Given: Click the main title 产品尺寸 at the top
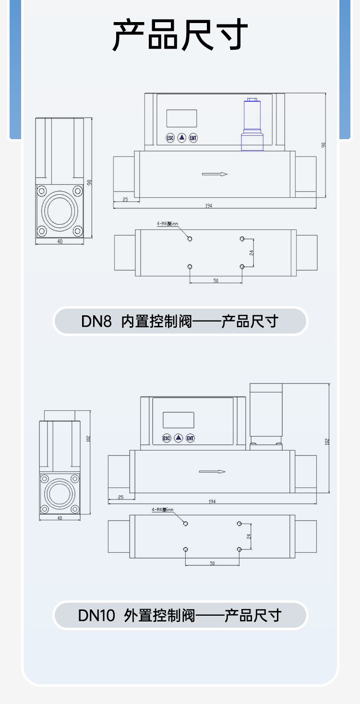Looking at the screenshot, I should [x=180, y=35].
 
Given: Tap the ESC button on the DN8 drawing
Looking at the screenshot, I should [x=170, y=138].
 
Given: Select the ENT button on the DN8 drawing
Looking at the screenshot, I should [x=193, y=138].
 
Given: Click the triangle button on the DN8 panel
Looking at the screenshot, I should [x=182, y=138].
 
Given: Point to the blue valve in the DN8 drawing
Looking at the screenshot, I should [x=252, y=126].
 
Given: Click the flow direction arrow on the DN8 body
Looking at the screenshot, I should [x=215, y=174].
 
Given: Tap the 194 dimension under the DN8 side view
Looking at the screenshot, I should [x=208, y=206].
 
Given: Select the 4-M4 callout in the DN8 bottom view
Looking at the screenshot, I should [x=168, y=224].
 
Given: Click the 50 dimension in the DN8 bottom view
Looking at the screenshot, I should [x=216, y=280].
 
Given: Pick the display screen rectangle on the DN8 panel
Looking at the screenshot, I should [x=182, y=118].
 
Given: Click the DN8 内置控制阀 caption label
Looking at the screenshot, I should [x=180, y=321].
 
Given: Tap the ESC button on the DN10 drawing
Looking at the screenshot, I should [x=167, y=438].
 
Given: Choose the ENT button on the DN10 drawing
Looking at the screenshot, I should [x=190, y=438].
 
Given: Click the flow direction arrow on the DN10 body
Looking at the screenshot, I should [x=212, y=472].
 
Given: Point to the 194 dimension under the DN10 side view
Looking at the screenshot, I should [x=212, y=501].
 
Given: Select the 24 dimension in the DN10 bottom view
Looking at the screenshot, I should [x=249, y=537].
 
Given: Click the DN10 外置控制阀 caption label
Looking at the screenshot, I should [x=180, y=615].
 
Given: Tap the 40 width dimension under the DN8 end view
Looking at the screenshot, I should [x=60, y=241].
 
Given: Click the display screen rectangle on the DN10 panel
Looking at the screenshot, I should [x=179, y=420].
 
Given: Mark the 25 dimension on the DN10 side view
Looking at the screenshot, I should [x=120, y=497].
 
